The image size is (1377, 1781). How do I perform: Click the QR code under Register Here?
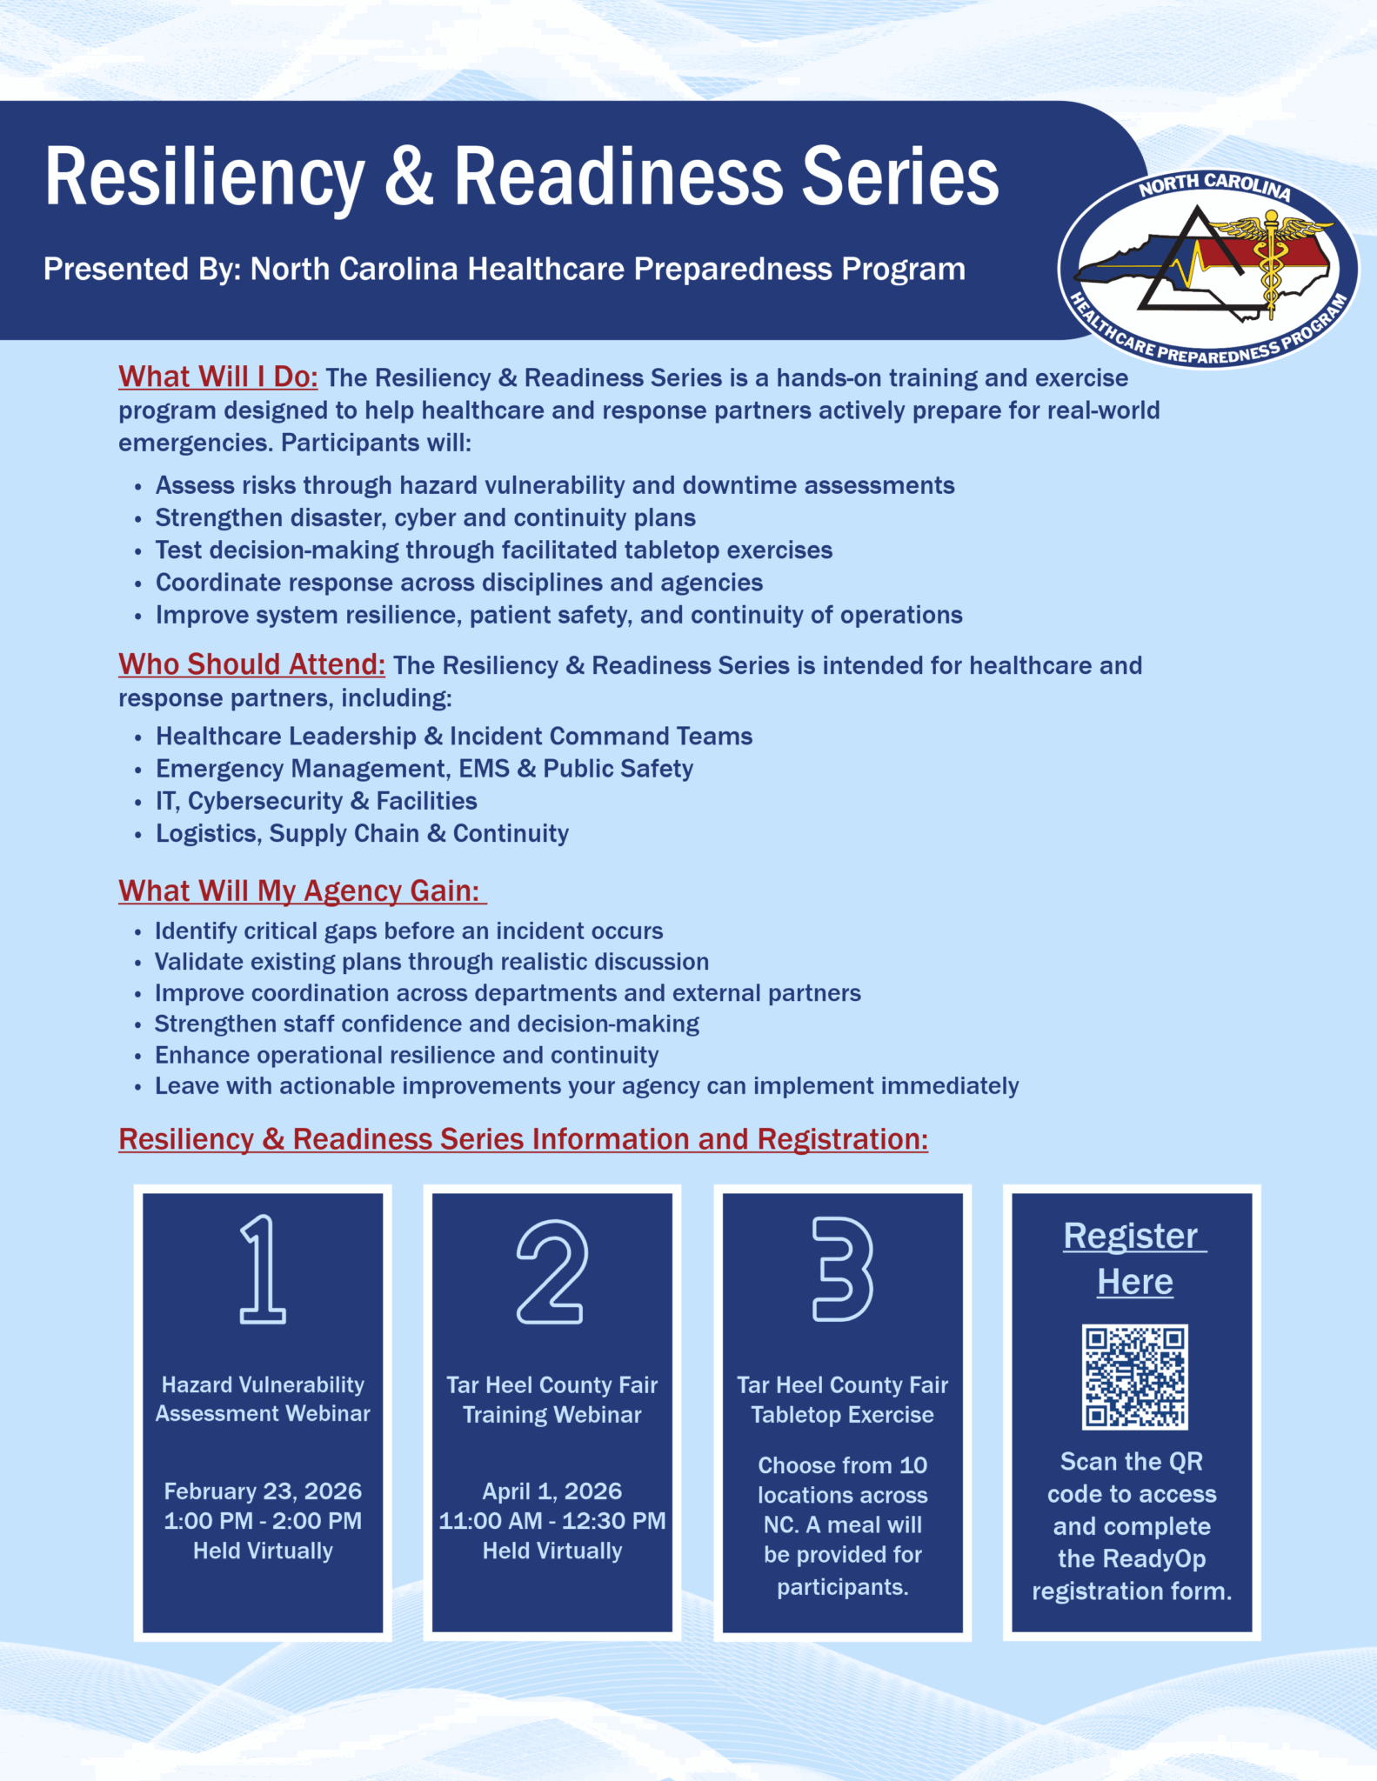(x=1134, y=1377)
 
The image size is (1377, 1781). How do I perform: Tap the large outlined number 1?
(x=262, y=1271)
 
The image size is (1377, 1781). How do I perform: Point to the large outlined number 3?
(x=841, y=1270)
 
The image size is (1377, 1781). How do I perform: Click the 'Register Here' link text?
(x=1133, y=1258)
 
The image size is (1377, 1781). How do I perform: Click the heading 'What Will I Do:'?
(x=218, y=377)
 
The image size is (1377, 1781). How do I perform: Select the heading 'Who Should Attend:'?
(x=251, y=664)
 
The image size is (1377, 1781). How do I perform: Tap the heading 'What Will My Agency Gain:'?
(x=300, y=890)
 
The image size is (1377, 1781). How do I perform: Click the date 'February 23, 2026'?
(x=263, y=1491)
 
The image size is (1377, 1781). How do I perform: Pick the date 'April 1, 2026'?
(x=552, y=1491)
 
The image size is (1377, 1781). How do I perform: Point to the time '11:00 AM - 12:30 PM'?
(x=552, y=1520)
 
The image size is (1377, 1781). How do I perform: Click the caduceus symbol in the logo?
(x=1271, y=261)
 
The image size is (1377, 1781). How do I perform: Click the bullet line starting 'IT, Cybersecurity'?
(x=316, y=801)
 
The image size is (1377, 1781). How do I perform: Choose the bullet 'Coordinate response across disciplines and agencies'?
(x=458, y=583)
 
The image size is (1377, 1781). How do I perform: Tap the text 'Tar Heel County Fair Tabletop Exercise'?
(x=842, y=1399)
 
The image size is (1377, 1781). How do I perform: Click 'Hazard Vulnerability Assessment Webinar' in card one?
(x=263, y=1398)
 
